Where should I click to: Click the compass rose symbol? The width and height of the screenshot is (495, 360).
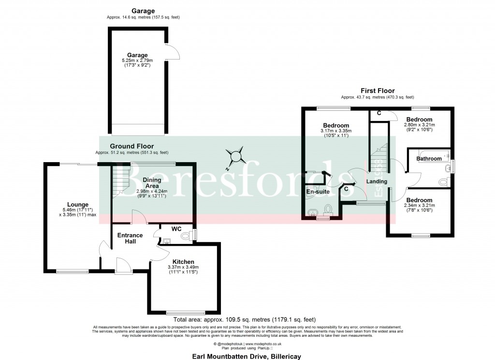tap(236, 157)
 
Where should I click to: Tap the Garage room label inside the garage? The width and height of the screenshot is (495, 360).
tap(137, 55)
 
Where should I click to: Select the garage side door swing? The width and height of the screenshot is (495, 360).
tap(173, 53)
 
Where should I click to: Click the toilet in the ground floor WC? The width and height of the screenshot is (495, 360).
tap(186, 236)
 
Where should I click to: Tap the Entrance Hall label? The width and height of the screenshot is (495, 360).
tap(130, 239)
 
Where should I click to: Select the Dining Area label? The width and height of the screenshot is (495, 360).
tap(152, 183)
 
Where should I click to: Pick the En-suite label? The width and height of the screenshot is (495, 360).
tap(318, 192)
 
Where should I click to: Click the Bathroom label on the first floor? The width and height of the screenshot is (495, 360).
tap(429, 159)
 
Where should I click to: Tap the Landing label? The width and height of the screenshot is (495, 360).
tap(377, 181)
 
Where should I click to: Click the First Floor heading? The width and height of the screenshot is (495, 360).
tap(378, 90)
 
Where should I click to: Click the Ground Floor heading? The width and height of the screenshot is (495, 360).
tap(131, 146)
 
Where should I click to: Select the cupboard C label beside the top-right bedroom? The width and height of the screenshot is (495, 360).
tap(379, 113)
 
